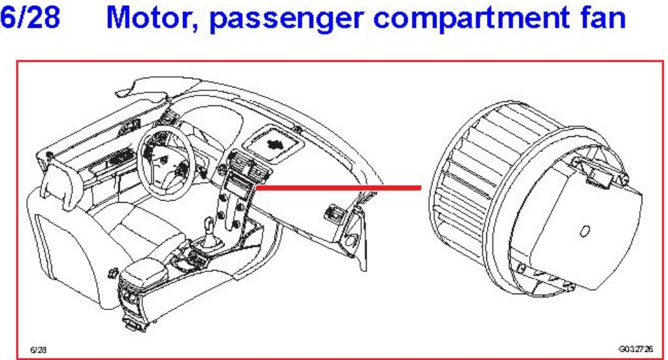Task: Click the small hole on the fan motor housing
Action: pyautogui.click(x=584, y=230)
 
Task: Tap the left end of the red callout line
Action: pyautogui.click(x=257, y=188)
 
